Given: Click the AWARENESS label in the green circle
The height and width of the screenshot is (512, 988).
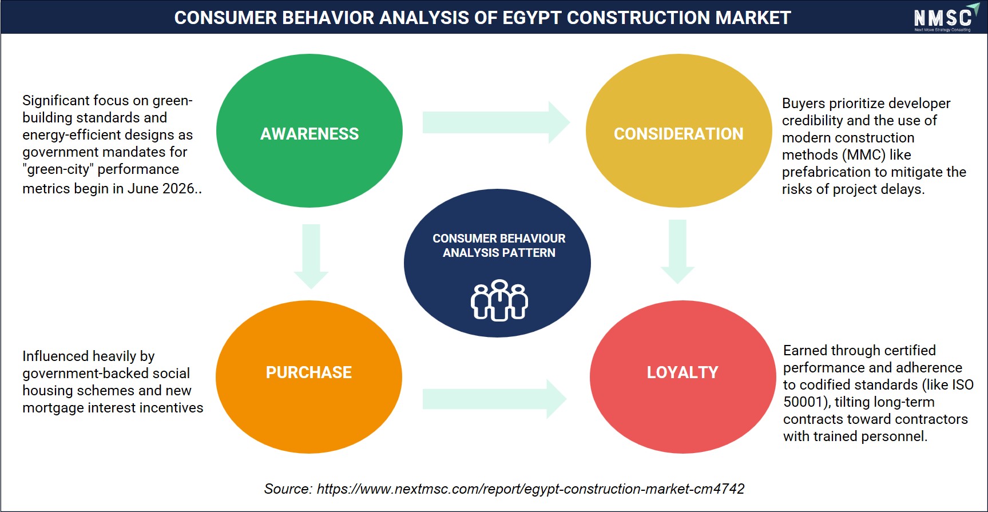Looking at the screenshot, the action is (x=310, y=134).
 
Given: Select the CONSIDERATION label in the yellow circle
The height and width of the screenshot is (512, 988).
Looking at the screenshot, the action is (x=678, y=134).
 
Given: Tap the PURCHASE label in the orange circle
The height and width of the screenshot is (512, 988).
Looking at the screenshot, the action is (x=309, y=372).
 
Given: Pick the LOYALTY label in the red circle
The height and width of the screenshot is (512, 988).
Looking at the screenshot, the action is (x=683, y=372).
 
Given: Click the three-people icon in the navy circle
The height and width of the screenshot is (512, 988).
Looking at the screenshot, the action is (x=499, y=300).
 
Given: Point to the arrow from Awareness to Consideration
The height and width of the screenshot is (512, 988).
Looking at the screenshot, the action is (x=496, y=122).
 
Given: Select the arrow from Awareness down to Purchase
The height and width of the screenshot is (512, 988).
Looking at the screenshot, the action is (x=311, y=256).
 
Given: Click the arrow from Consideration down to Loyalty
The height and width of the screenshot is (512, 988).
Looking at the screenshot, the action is (x=677, y=252).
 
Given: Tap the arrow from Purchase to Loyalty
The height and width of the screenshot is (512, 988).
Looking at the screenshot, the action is (x=495, y=399).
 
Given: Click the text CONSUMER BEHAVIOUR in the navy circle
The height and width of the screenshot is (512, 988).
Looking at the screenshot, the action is (x=499, y=238).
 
